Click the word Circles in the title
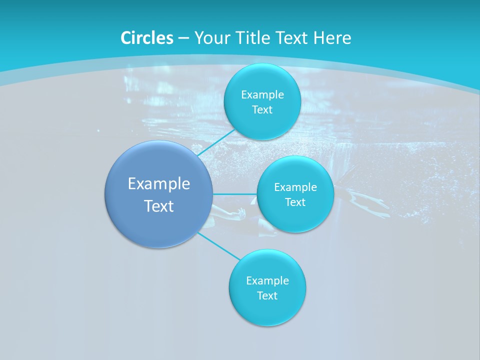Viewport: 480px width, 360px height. tap(147, 38)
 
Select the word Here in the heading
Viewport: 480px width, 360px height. tap(332, 38)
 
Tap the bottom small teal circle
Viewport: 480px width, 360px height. tap(267, 310)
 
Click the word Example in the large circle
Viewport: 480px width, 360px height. tap(159, 184)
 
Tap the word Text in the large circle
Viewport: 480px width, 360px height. tap(159, 206)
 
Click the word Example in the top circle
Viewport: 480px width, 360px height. tap(262, 95)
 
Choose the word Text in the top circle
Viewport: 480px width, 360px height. tap(262, 110)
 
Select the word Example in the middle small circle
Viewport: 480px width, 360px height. tap(295, 187)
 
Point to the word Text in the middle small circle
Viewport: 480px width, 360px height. tap(295, 202)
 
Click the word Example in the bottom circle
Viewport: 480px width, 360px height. tap(267, 281)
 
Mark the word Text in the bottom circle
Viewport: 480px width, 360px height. tap(267, 296)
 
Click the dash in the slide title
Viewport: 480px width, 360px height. tap(183, 38)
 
